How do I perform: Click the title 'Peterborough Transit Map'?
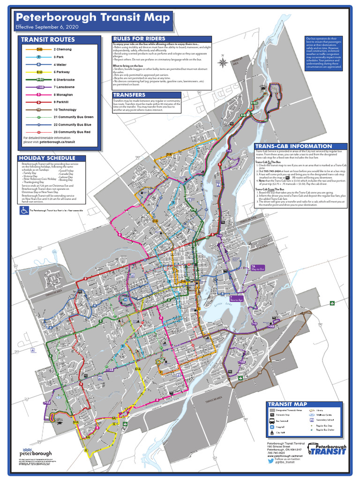pyautogui.click(x=89, y=18)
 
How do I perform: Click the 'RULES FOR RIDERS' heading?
pyautogui.click(x=139, y=38)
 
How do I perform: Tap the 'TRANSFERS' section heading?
pyautogui.click(x=129, y=95)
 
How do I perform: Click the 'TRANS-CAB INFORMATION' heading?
pyautogui.click(x=287, y=146)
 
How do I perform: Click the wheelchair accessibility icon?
pyautogui.click(x=23, y=211)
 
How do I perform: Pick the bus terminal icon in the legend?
pyautogui.click(x=272, y=422)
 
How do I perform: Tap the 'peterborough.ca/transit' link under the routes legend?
pyautogui.click(x=57, y=142)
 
